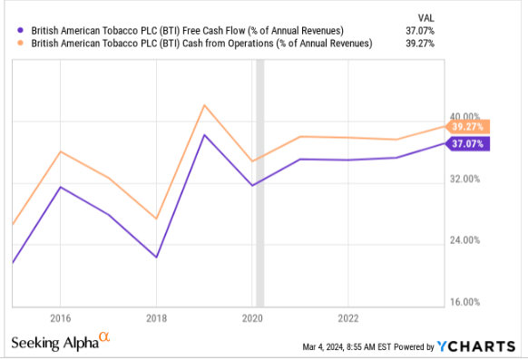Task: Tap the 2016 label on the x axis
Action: point(60,318)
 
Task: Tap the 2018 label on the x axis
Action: point(156,318)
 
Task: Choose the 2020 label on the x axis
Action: point(252,318)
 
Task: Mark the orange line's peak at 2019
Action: point(204,105)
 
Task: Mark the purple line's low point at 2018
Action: point(156,258)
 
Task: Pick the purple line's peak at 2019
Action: point(204,135)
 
